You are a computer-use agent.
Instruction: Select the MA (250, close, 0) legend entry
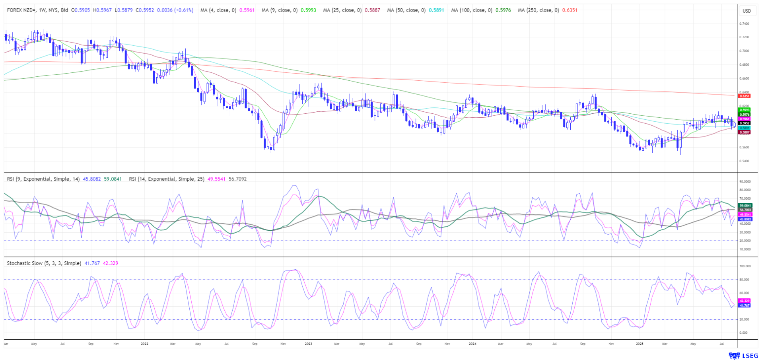pyautogui.click(x=538, y=10)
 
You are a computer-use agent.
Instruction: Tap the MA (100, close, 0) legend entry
pyautogui.click(x=471, y=10)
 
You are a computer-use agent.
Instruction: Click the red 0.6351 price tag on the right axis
pyautogui.click(x=744, y=96)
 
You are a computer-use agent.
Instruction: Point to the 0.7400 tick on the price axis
pyautogui.click(x=744, y=24)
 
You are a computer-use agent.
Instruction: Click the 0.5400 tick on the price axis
pyautogui.click(x=744, y=161)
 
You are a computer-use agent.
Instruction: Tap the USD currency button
pyautogui.click(x=746, y=11)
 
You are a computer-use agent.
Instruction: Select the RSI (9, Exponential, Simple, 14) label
pyautogui.click(x=43, y=179)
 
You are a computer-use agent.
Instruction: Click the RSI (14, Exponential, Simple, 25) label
pyautogui.click(x=167, y=179)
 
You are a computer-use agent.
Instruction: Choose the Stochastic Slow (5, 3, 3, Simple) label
pyautogui.click(x=44, y=263)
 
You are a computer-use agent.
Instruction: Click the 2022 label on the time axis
pyautogui.click(x=144, y=343)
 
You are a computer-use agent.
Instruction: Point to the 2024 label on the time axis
pyautogui.click(x=472, y=343)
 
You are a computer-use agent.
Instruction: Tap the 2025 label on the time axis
pyautogui.click(x=640, y=343)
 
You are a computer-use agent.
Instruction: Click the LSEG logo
pyautogui.click(x=743, y=355)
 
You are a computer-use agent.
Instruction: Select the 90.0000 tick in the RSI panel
pyautogui.click(x=745, y=181)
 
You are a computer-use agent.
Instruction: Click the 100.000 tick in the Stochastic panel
pyautogui.click(x=745, y=266)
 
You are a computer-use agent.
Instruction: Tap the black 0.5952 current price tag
pyautogui.click(x=744, y=123)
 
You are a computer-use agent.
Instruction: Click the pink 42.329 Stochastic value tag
pyautogui.click(x=744, y=301)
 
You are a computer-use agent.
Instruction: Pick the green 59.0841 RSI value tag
pyautogui.click(x=745, y=206)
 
